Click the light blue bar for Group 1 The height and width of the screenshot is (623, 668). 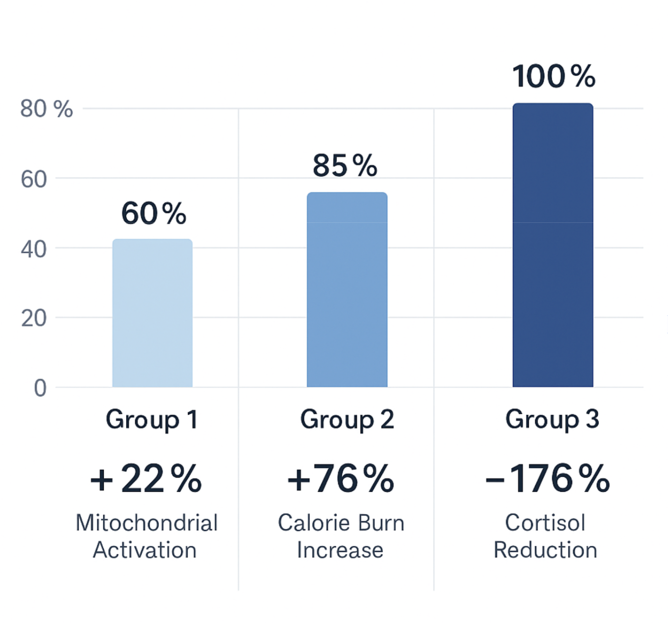coord(152,313)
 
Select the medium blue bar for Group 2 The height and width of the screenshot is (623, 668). coord(347,290)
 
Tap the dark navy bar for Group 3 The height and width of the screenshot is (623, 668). coord(553,245)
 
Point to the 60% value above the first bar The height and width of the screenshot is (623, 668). coord(154,213)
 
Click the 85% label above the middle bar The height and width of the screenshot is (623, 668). coord(345,165)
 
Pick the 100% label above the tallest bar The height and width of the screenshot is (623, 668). coord(554,77)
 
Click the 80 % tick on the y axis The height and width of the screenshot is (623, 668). coord(47,109)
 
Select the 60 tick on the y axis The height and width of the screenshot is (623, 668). coord(34,180)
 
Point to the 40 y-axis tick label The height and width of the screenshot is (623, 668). coord(34,249)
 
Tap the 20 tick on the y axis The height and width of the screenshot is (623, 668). coord(34,319)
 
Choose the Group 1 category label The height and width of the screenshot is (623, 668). coord(152,420)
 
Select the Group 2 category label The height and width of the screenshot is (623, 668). coord(347,420)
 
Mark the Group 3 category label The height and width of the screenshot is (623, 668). coord(552,419)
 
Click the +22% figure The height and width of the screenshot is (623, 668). coord(146,479)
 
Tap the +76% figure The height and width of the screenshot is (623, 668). coord(341,479)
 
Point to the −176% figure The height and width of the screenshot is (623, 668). coord(547,479)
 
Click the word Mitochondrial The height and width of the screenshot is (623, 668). coord(147,523)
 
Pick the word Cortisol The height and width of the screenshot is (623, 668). coord(545,523)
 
